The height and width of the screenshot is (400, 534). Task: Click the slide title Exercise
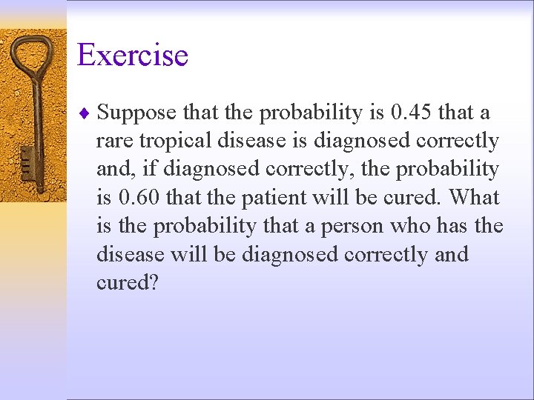coord(133,55)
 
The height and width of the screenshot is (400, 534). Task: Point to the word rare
coord(113,141)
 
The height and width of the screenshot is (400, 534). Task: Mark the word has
coord(458,226)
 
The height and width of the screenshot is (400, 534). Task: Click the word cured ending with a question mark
coord(127,283)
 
